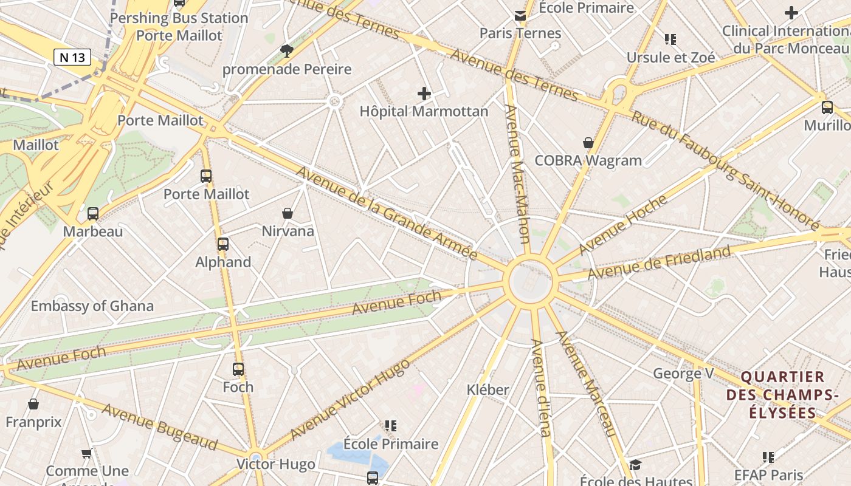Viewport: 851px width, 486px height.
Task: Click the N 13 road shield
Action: click(72, 57)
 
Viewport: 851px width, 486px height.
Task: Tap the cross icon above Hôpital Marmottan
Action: click(424, 94)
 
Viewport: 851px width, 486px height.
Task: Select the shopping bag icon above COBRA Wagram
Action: click(588, 143)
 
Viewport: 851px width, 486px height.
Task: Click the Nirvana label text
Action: click(288, 231)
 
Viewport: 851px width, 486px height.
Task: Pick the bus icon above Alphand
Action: click(223, 244)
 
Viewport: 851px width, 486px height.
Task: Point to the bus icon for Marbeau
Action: click(93, 213)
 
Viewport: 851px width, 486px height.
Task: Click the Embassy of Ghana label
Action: click(92, 306)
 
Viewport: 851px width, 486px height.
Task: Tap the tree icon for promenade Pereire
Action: click(286, 50)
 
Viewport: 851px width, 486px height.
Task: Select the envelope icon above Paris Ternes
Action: click(520, 15)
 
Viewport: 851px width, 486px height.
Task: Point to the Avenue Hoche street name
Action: click(622, 225)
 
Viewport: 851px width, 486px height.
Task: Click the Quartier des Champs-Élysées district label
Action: click(782, 395)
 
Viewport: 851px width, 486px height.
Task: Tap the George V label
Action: click(683, 373)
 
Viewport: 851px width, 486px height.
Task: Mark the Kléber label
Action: click(488, 389)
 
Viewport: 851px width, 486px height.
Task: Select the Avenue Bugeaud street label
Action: click(159, 426)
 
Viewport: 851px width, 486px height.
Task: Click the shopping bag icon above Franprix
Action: click(33, 404)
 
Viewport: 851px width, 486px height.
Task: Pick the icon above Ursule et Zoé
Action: click(670, 39)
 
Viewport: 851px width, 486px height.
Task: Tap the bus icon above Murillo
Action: click(827, 108)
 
